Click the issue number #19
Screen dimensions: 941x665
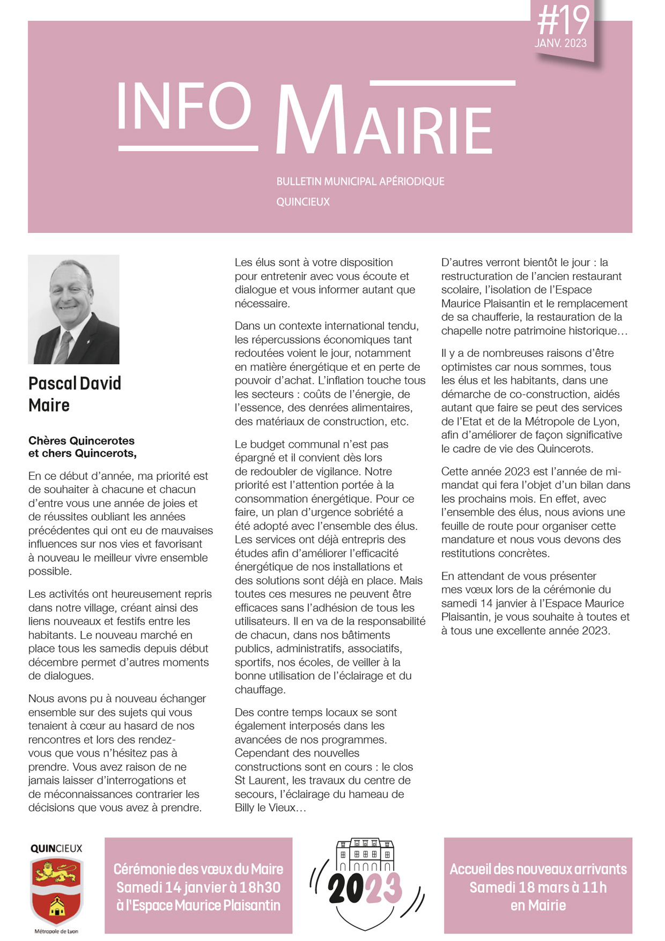coord(563,20)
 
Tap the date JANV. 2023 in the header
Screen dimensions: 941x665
coord(560,43)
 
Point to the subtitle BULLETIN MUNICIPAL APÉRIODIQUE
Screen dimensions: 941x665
coord(360,181)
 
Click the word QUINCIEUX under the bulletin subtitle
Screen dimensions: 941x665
coord(303,202)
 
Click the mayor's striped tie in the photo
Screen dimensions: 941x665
coord(63,347)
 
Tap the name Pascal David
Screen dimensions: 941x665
coord(75,383)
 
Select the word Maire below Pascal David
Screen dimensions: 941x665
coord(49,405)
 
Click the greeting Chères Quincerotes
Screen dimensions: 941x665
coord(82,440)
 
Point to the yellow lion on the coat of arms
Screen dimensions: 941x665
coord(56,873)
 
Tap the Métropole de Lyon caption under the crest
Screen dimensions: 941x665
coord(56,931)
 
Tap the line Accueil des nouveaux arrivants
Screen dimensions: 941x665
coord(538,869)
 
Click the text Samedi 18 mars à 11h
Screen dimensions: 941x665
coord(538,887)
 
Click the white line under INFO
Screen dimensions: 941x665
coord(188,148)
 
